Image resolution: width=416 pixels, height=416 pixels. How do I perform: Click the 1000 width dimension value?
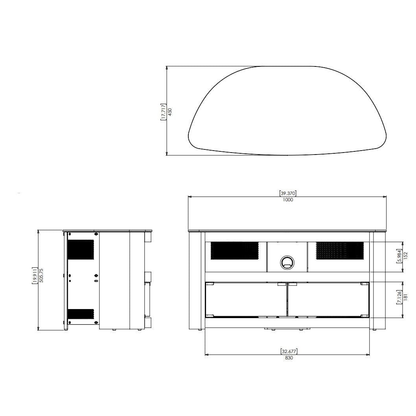[x=288, y=200]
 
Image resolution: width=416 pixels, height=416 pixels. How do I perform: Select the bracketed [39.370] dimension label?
[x=288, y=193]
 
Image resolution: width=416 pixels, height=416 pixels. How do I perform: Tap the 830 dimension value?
[x=289, y=358]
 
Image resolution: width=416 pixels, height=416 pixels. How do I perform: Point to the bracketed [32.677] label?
[x=289, y=352]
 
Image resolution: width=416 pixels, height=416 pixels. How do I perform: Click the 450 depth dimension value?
[x=170, y=112]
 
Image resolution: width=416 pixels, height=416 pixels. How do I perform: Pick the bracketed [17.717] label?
[x=163, y=112]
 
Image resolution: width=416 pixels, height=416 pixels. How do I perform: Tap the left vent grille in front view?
[x=234, y=250]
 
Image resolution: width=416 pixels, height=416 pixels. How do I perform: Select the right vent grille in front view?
[x=340, y=250]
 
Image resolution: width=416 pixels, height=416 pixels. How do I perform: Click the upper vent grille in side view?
[x=81, y=250]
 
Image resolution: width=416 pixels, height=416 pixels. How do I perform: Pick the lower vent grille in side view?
[x=81, y=314]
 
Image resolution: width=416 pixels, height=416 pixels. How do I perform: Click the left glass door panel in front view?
[x=246, y=299]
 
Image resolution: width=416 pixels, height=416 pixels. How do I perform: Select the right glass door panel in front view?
[x=328, y=299]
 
